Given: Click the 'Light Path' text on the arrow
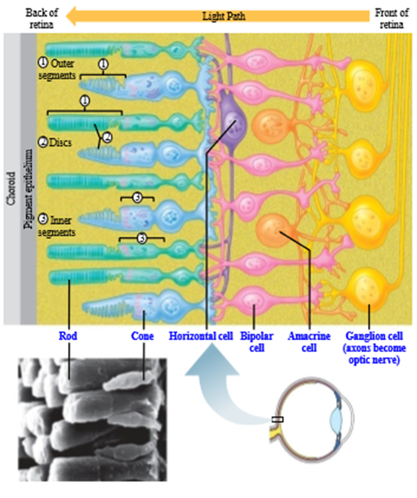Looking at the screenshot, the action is (x=224, y=16).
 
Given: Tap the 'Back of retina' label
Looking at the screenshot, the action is (x=42, y=18).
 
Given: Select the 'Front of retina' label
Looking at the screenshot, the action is (x=391, y=18).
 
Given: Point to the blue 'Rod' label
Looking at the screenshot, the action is (x=68, y=336).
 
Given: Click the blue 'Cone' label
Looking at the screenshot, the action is (x=142, y=336).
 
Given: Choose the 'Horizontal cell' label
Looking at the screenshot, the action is (x=201, y=336).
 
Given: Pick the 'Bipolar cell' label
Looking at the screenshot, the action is (x=257, y=342).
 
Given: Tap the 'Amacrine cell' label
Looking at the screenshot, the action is (x=309, y=342).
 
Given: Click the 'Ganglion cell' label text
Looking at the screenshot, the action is (x=374, y=336).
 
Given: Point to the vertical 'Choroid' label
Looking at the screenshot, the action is (x=11, y=189).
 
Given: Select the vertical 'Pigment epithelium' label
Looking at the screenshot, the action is (x=28, y=189).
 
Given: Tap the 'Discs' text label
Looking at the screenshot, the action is (x=60, y=142).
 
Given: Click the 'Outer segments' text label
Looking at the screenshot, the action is (x=57, y=70).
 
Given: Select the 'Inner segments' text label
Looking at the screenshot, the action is (x=57, y=226).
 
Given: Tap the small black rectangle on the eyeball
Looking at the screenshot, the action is (x=277, y=419).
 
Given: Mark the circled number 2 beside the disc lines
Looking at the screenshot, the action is (x=108, y=138).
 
